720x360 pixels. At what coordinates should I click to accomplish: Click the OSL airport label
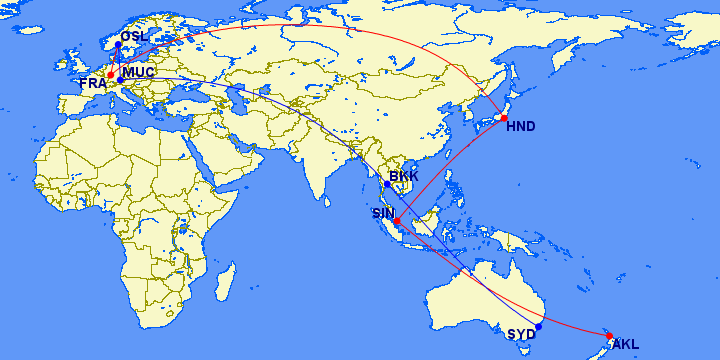[134, 37]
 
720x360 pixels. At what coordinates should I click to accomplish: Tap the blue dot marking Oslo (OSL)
[118, 45]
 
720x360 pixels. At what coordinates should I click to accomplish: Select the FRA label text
[93, 83]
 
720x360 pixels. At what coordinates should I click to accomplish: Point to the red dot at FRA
[111, 74]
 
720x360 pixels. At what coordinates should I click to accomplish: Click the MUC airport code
[137, 72]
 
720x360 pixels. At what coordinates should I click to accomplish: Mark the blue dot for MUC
[120, 80]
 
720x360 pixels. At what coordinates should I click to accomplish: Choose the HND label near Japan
[521, 126]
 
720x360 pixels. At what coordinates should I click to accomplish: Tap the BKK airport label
[404, 177]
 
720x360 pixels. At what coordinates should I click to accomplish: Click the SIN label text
[383, 213]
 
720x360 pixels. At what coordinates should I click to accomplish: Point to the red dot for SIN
[398, 220]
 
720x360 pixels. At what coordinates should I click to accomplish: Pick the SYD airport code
[520, 334]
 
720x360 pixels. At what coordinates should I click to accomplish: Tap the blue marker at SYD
[538, 326]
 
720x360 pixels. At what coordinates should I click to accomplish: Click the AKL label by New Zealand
[626, 345]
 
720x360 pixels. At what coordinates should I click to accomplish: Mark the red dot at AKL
[609, 336]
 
